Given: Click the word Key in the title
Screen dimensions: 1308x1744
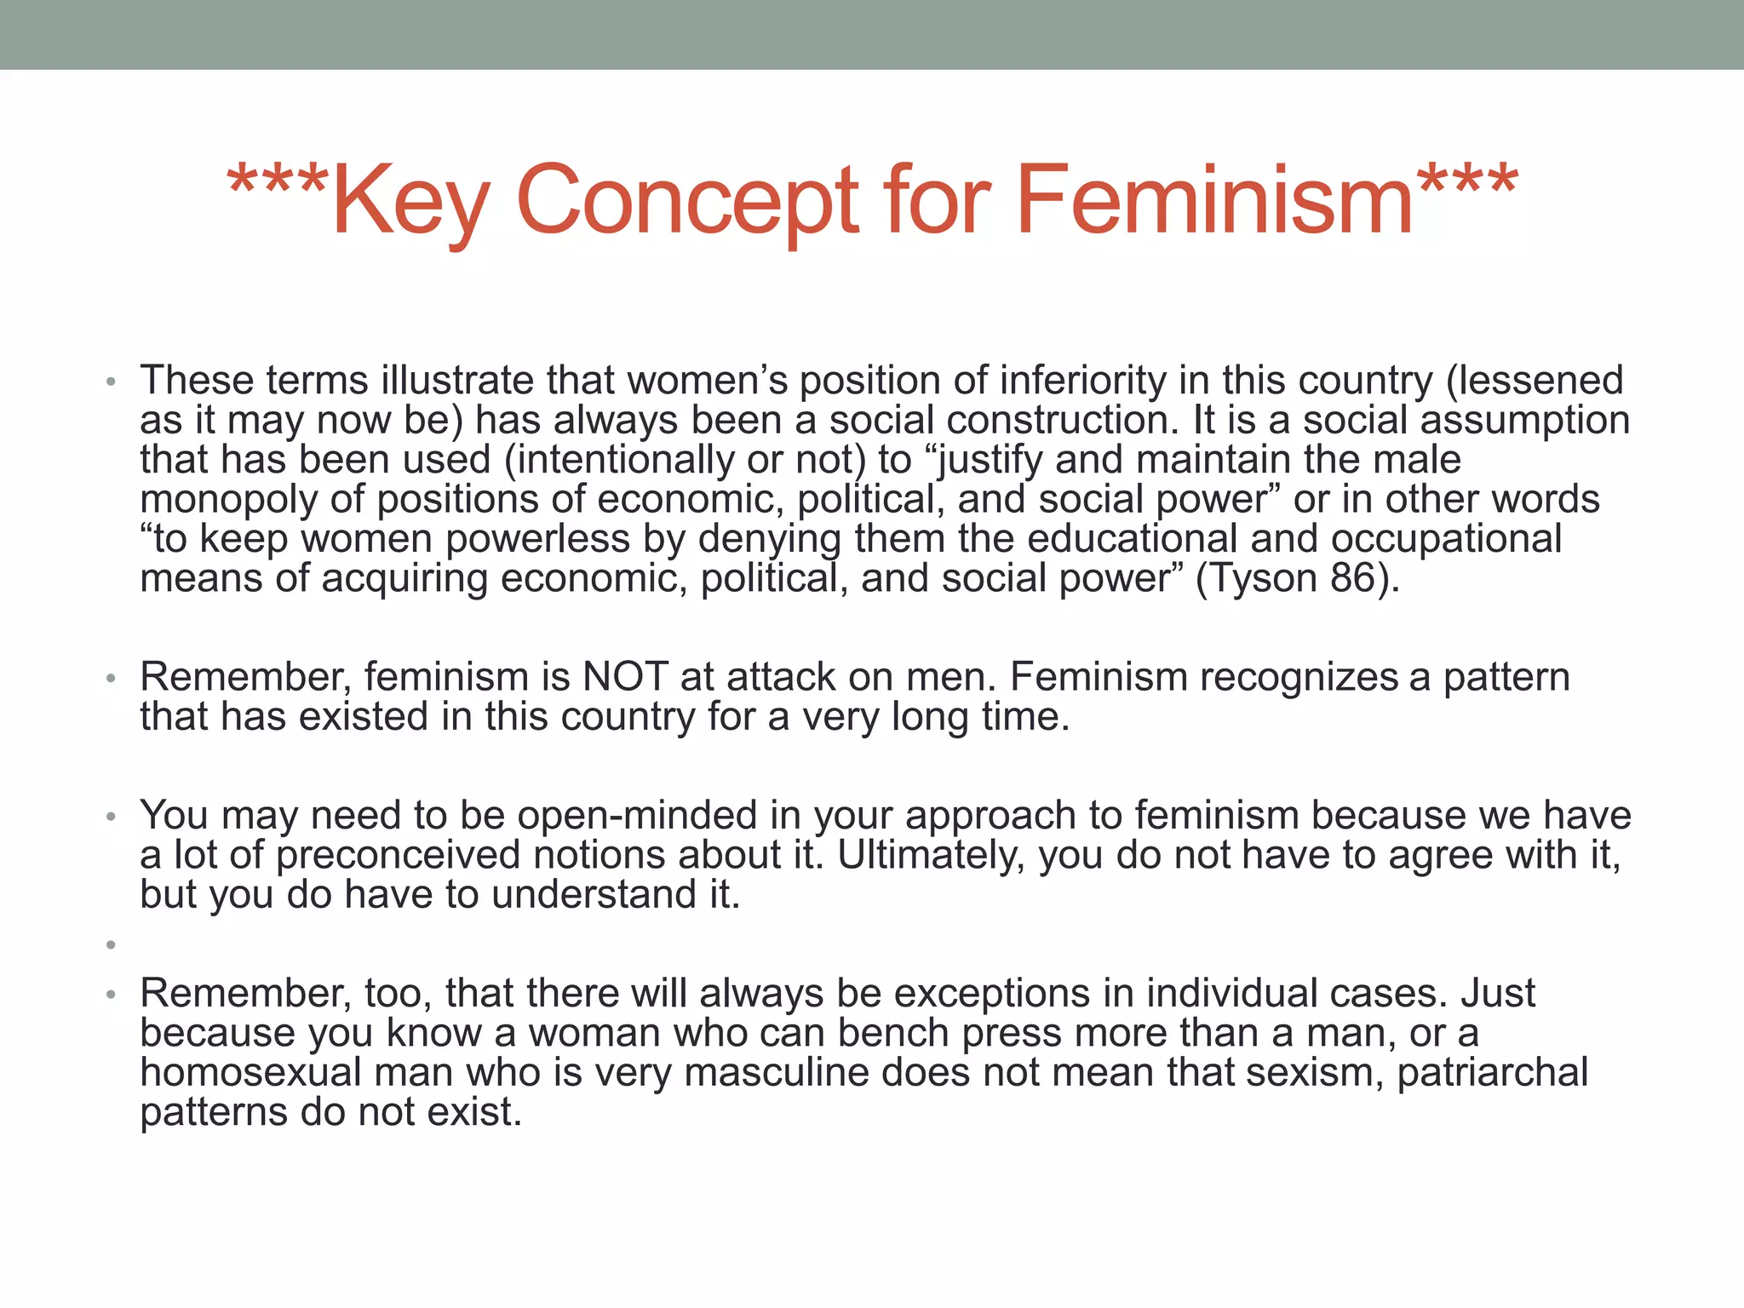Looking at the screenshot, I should [410, 201].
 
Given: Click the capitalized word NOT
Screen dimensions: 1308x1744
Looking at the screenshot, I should [624, 678].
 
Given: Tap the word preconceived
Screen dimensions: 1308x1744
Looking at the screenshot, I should [398, 855].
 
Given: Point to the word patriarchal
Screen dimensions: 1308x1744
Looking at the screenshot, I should [1492, 1072].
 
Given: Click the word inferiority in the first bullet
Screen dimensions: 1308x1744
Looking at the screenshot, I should [1081, 381].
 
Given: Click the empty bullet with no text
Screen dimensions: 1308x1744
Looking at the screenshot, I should [111, 944].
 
